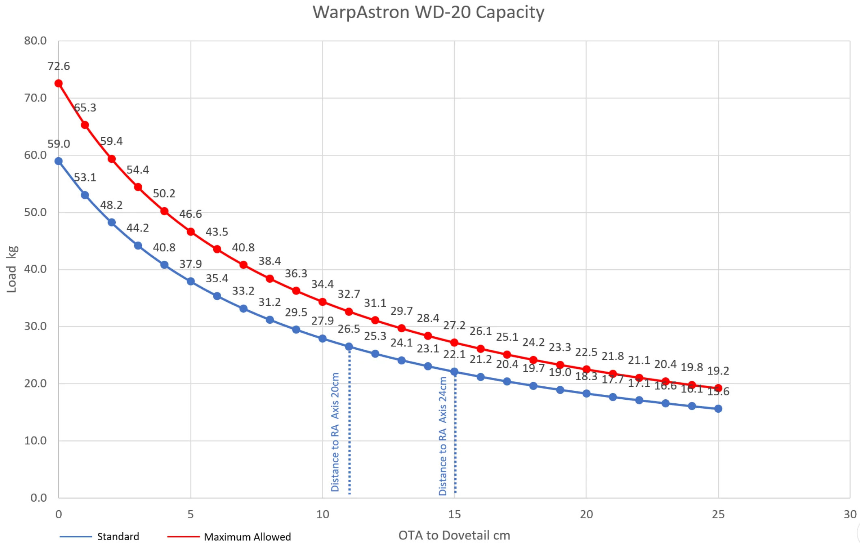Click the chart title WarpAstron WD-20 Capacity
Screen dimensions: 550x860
[428, 12]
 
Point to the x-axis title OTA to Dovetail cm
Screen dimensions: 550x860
[454, 535]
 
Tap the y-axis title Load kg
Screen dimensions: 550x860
[12, 269]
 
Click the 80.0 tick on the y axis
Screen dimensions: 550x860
[35, 41]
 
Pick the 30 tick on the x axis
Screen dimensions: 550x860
[849, 514]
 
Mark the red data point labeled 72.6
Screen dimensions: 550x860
[58, 83]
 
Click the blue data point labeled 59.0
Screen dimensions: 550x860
[58, 161]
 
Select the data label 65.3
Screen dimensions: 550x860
[85, 108]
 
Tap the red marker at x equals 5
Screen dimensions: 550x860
[190, 232]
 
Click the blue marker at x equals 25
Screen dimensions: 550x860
[718, 409]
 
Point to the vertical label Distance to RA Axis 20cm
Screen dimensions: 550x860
[335, 432]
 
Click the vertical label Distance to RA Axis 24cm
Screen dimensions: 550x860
[443, 436]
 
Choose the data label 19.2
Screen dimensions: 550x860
[718, 371]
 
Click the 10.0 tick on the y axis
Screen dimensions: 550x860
[35, 440]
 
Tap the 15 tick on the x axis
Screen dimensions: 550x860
[454, 514]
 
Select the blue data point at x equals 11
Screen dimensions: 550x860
[349, 346]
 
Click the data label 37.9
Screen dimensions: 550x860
[190, 264]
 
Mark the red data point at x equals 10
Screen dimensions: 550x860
[322, 302]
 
